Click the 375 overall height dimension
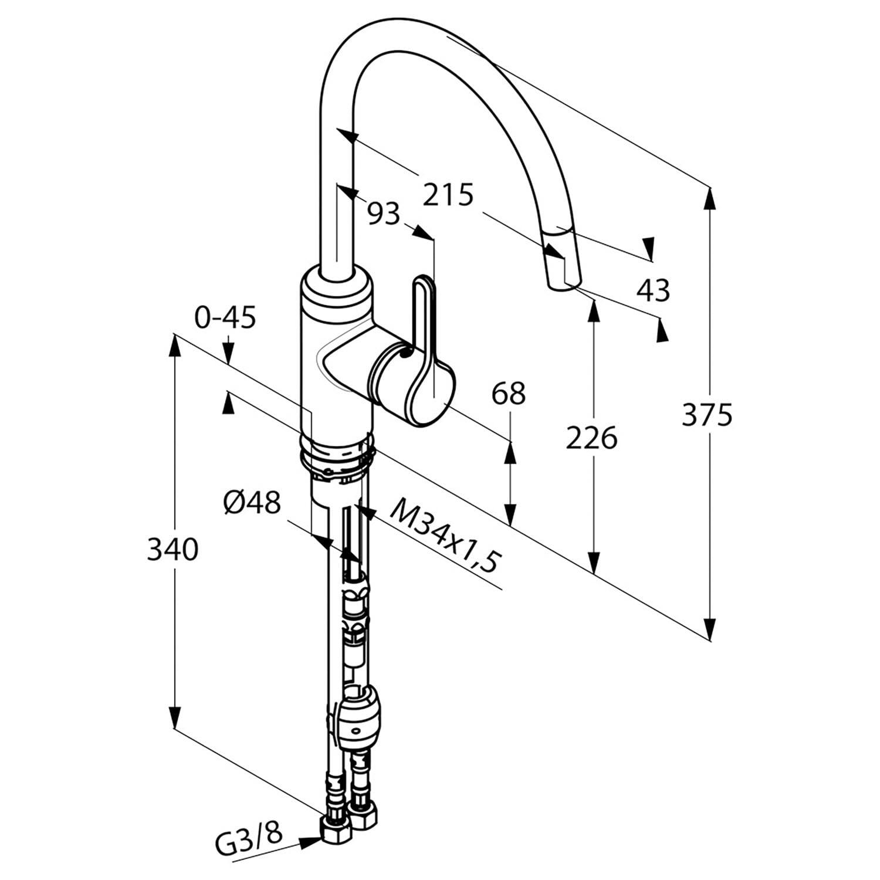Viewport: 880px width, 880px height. [707, 415]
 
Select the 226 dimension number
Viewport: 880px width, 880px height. [591, 438]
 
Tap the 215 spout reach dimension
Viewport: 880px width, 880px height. [448, 194]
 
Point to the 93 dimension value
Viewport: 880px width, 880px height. [383, 214]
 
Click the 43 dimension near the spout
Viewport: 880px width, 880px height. [654, 290]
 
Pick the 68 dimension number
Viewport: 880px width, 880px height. [508, 394]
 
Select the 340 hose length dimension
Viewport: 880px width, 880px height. [172, 550]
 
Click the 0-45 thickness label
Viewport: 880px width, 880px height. [225, 318]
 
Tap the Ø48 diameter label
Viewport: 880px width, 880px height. [252, 503]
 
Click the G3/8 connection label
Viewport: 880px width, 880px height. [249, 831]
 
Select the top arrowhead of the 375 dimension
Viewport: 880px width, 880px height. [710, 198]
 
